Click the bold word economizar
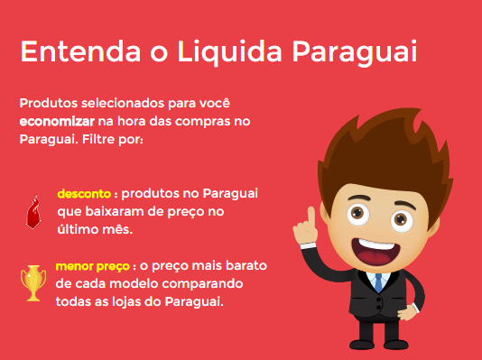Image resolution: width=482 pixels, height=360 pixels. point(57,120)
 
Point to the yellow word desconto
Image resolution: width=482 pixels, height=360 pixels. point(84,194)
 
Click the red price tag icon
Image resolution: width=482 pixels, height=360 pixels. point(33,212)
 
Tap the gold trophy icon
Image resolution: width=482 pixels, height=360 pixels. point(32,282)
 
